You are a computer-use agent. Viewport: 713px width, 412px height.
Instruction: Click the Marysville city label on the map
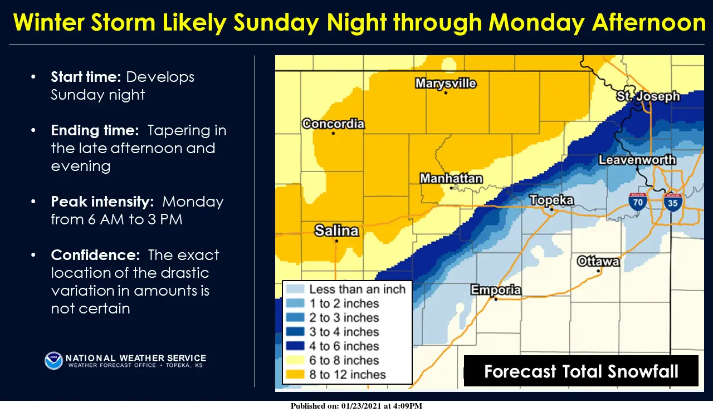[446, 84]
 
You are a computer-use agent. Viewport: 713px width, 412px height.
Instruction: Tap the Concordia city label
[333, 124]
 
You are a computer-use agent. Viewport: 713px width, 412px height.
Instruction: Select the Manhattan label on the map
[451, 179]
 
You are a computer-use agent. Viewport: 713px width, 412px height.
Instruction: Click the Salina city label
[336, 230]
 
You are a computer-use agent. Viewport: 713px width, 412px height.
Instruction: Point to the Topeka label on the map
[551, 200]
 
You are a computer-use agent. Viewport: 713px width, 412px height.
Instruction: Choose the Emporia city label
[496, 290]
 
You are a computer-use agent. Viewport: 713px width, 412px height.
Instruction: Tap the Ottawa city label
[598, 261]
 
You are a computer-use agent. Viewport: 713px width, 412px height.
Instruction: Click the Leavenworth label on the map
[637, 160]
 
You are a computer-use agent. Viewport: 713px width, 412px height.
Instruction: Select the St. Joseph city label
[648, 96]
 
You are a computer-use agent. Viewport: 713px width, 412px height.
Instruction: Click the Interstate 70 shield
[638, 201]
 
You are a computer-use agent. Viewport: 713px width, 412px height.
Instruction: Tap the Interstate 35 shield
[673, 201]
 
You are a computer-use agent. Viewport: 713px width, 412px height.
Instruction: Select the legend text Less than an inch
[357, 289]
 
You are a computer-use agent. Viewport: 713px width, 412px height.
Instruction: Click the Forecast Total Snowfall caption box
[581, 371]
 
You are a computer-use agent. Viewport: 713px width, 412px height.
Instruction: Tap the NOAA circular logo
[53, 361]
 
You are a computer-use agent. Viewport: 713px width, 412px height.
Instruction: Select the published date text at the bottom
[356, 406]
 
